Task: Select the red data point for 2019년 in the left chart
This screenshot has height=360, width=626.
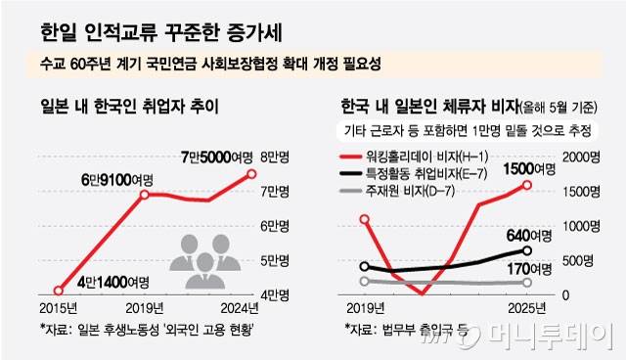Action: click(143, 195)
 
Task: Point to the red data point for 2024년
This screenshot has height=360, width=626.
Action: click(251, 174)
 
